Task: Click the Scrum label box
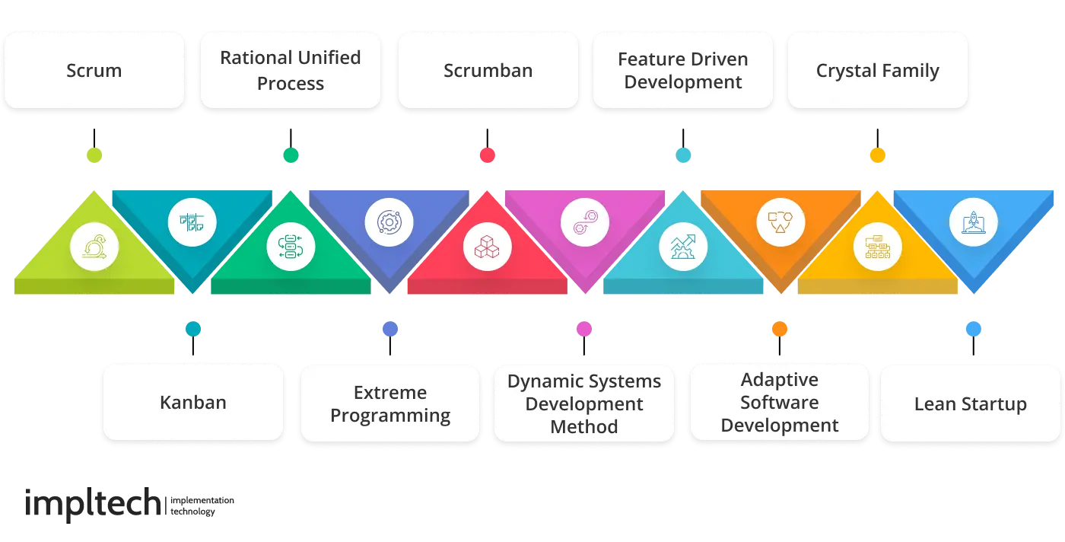pos(94,71)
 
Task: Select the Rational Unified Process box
pos(290,71)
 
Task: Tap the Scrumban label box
pos(488,71)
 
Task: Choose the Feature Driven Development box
pos(682,71)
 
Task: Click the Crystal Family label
pos(877,71)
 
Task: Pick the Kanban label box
pos(193,403)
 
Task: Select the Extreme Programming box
pos(390,403)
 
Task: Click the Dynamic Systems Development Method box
pos(584,403)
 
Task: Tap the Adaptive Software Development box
pos(780,403)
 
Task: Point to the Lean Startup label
pos(970,403)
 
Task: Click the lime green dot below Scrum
pos(94,155)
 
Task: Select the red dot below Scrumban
pos(488,155)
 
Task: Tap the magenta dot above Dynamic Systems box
pos(584,329)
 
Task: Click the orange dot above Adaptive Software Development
pos(780,329)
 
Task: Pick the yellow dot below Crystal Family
pos(878,155)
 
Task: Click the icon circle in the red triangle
pos(487,247)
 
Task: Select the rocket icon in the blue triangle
pos(974,224)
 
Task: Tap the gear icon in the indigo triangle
pos(389,224)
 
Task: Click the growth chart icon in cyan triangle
pos(682,247)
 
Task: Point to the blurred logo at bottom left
pos(129,503)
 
